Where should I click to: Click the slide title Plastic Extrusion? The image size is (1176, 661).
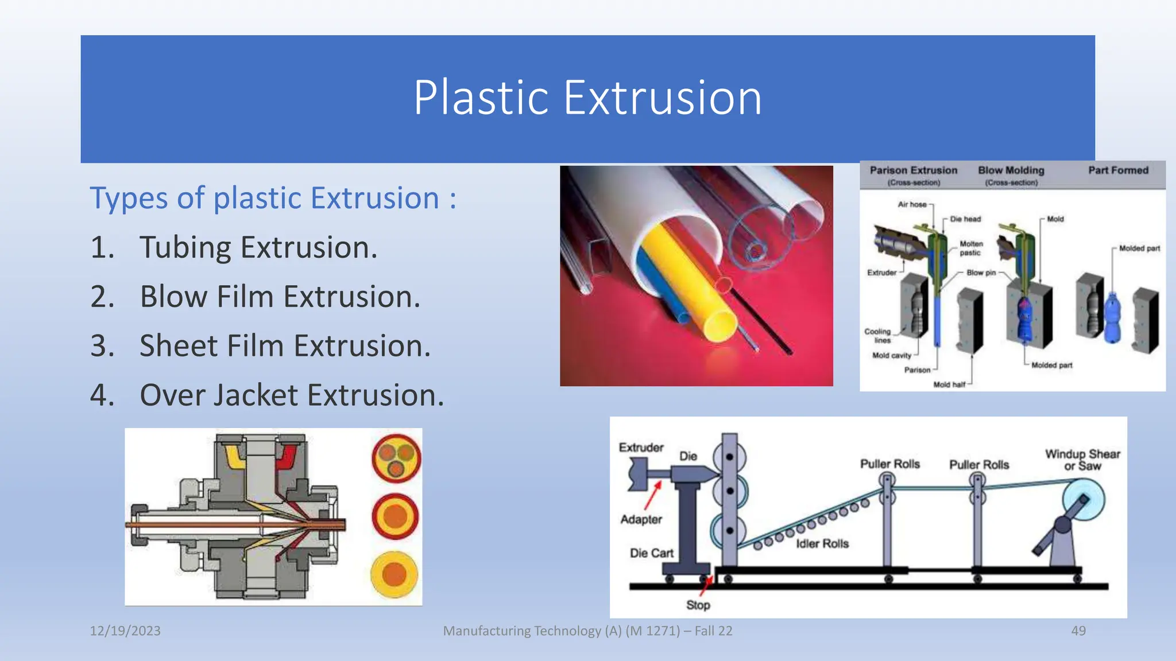pos(587,98)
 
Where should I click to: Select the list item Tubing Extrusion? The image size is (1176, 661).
pos(258,247)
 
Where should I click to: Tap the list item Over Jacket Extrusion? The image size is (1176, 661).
pos(292,395)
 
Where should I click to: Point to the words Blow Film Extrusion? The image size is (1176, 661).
pos(280,297)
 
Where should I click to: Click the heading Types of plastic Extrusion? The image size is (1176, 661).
pos(273,198)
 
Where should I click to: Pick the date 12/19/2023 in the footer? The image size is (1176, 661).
pos(125,631)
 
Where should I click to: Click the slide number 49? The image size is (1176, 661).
pos(1078,631)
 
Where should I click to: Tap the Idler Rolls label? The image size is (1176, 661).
pos(822,543)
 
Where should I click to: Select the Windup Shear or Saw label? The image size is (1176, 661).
pos(1082,460)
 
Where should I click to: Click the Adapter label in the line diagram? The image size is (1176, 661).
pos(641,519)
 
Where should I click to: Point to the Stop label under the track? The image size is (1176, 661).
pos(698,605)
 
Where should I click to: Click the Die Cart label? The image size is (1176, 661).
pos(651,553)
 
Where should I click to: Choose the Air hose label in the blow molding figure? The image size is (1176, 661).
pos(912,204)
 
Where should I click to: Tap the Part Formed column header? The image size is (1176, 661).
pos(1118,170)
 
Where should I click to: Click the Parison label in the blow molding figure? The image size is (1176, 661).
pos(917,370)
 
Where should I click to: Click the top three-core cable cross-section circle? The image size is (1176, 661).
pos(396,458)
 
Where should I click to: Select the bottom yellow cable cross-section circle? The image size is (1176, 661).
pos(394,574)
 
